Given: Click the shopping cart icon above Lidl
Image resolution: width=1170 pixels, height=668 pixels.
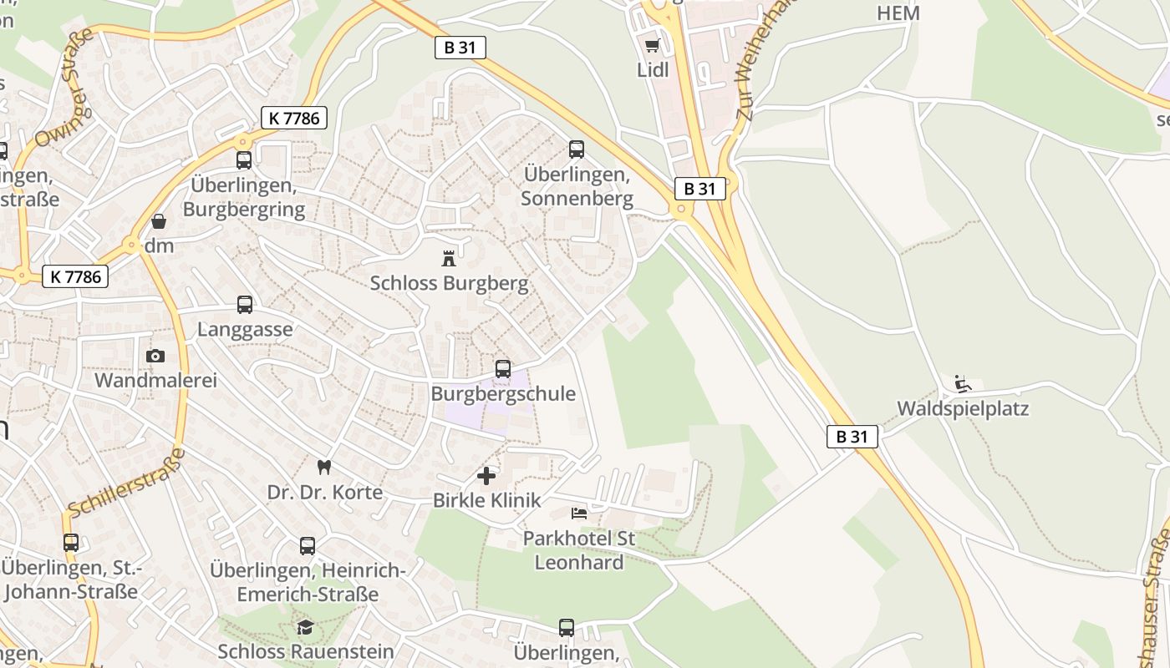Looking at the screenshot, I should tap(652, 45).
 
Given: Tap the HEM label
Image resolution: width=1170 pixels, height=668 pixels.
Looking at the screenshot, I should tap(898, 13).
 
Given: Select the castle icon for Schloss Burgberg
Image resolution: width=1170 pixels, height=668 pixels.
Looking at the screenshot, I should tap(450, 258).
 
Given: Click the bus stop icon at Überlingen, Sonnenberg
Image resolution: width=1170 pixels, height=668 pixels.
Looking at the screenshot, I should tap(577, 149).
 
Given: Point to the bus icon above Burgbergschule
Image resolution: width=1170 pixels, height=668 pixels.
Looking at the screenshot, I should tap(503, 368).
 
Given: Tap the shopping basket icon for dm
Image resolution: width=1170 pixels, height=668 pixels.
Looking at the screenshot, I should tap(159, 221).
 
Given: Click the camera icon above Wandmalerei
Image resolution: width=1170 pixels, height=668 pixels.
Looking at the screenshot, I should tap(155, 357).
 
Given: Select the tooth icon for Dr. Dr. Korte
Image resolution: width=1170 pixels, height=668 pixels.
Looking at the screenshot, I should tap(324, 468).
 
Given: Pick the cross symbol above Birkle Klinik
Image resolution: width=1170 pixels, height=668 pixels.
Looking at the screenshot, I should tap(486, 476).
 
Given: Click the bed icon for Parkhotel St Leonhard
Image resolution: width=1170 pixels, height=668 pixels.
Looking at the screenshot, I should tap(579, 513).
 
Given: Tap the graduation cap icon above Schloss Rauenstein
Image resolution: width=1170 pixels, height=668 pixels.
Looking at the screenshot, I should tap(306, 626).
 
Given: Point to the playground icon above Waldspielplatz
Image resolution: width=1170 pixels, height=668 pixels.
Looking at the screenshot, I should tap(963, 384).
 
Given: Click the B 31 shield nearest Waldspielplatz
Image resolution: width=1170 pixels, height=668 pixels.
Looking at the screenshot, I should tap(852, 436).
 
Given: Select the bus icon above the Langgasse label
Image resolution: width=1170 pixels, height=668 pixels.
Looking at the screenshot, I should tap(245, 305).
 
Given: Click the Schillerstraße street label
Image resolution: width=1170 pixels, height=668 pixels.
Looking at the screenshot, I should tap(125, 483).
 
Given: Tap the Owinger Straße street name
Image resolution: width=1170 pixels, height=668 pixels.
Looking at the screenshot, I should tap(63, 88).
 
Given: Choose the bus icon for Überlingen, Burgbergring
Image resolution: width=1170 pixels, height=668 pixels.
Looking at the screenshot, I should tap(244, 160).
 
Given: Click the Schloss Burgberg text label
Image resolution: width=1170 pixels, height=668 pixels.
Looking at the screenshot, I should tap(450, 284).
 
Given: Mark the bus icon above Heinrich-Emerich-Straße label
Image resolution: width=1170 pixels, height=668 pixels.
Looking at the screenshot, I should tap(308, 546).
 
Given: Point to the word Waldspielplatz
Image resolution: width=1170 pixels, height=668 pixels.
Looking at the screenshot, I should tap(963, 409).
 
